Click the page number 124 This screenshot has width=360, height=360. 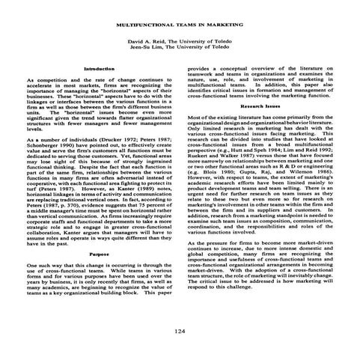180,310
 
